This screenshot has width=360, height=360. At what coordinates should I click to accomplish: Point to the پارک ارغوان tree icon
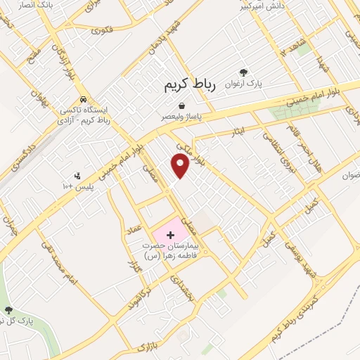point(244,72)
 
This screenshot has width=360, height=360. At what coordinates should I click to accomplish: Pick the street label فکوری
point(103,30)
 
